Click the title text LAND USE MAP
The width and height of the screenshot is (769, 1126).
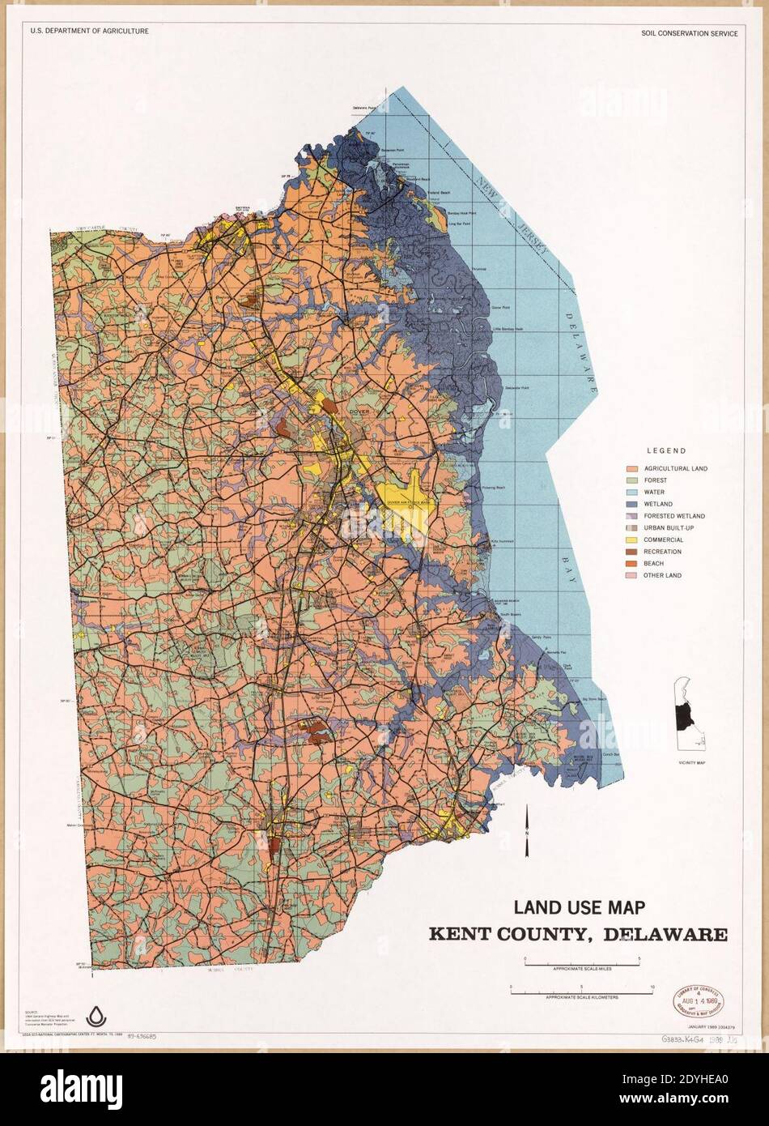coord(579,907)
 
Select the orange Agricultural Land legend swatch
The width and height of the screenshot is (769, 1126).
coord(632,468)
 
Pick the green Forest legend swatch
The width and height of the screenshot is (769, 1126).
coord(632,480)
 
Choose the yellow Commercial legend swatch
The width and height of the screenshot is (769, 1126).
coord(632,540)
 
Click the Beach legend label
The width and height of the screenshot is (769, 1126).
coord(653,564)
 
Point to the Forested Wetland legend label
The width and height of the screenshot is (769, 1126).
coord(673,516)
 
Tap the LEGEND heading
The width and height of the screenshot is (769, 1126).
coord(665,451)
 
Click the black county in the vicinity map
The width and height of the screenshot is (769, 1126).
coord(685,714)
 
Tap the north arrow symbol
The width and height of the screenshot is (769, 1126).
coord(527,830)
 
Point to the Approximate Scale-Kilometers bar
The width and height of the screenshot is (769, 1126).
coord(581,988)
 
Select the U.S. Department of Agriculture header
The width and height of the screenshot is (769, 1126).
coord(89,31)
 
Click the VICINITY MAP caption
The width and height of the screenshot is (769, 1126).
coord(692,763)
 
